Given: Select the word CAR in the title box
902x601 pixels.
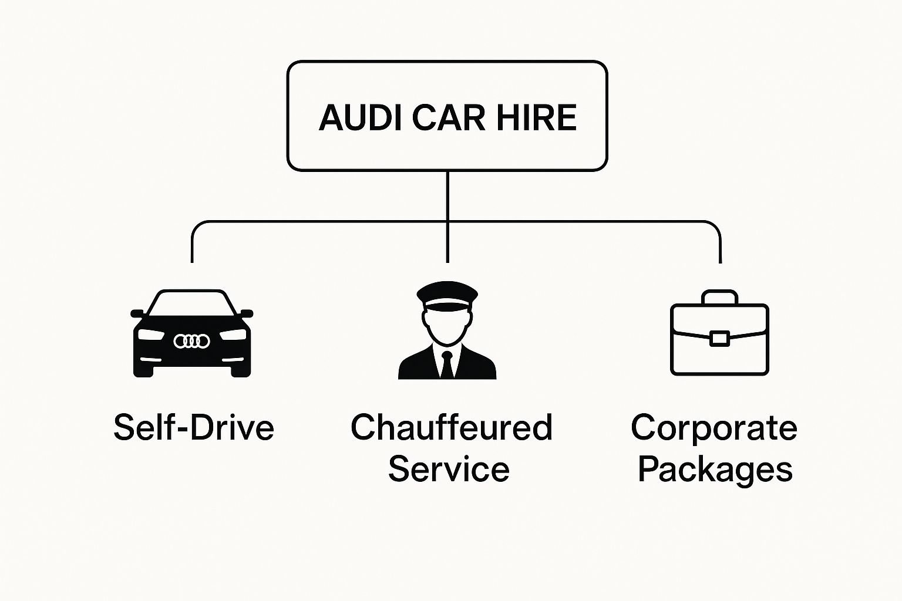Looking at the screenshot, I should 449,117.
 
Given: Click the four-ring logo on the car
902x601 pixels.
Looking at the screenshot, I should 191,341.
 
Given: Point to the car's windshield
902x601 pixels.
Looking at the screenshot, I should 191,303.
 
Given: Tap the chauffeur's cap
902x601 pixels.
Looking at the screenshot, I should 447,293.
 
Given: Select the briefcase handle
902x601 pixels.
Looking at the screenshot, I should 719,296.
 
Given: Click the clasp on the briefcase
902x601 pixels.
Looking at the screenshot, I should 719,339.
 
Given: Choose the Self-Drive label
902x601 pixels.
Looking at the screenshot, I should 194,427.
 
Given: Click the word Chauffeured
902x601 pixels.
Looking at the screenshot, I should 451,427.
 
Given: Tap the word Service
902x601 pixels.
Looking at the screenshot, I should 449,469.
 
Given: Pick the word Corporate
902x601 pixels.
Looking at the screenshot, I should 714,427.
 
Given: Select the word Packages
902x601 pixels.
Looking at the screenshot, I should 715,469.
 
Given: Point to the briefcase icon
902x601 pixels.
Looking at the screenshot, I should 719,346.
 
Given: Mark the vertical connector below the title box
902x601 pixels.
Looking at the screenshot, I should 447,196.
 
